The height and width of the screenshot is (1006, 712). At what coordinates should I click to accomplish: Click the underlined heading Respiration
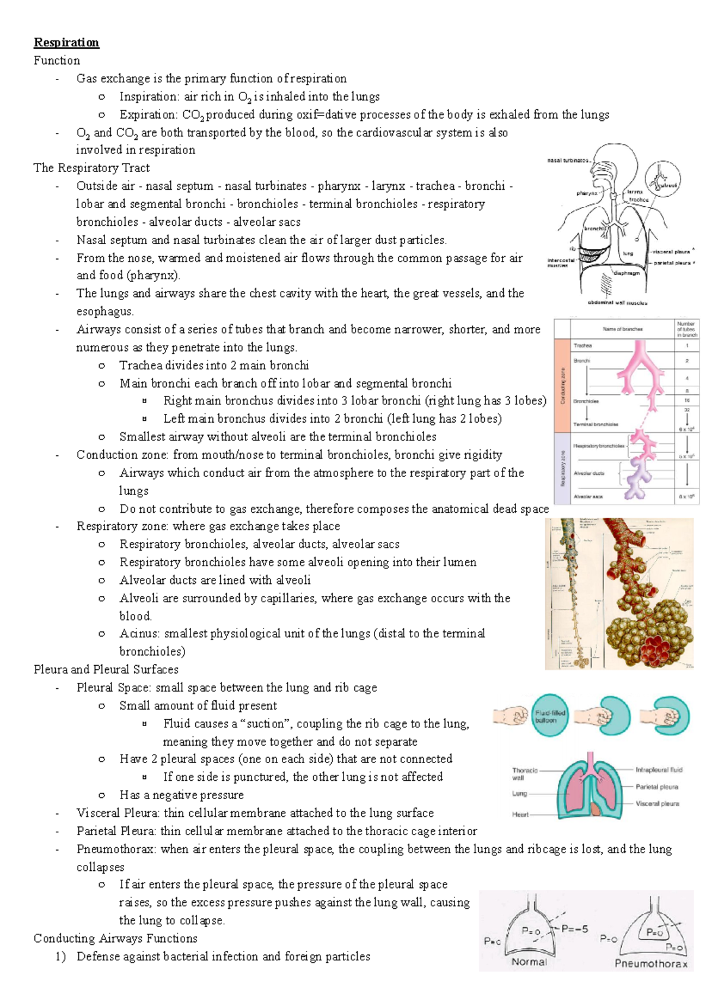pyautogui.click(x=66, y=43)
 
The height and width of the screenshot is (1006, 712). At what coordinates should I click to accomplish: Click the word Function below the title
pyautogui.click(x=57, y=60)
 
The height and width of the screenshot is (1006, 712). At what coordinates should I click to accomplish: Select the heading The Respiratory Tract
pyautogui.click(x=91, y=168)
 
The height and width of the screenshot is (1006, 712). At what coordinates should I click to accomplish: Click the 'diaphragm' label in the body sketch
pyautogui.click(x=627, y=273)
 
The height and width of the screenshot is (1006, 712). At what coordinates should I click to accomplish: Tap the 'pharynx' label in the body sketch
pyautogui.click(x=587, y=193)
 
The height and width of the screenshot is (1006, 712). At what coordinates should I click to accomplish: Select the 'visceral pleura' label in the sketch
pyautogui.click(x=671, y=251)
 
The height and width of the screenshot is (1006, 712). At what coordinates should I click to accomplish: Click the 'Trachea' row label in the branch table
pyautogui.click(x=583, y=346)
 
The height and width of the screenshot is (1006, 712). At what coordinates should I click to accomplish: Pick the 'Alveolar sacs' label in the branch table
pyautogui.click(x=588, y=497)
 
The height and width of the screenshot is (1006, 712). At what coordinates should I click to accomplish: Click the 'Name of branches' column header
pyautogui.click(x=622, y=329)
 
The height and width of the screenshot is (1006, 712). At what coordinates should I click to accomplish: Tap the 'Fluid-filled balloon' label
pyautogui.click(x=549, y=716)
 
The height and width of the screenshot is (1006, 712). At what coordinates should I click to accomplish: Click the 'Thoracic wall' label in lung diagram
pyautogui.click(x=525, y=774)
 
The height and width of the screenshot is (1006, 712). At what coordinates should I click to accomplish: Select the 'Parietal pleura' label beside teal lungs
pyautogui.click(x=657, y=787)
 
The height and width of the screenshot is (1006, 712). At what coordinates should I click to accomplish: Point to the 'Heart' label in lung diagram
pyautogui.click(x=520, y=815)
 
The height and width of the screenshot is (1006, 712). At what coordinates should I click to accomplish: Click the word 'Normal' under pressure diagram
pyautogui.click(x=529, y=962)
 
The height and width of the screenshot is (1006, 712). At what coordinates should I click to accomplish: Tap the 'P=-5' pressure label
pyautogui.click(x=574, y=929)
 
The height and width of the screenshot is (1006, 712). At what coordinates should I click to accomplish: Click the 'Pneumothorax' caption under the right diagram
pyautogui.click(x=650, y=963)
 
